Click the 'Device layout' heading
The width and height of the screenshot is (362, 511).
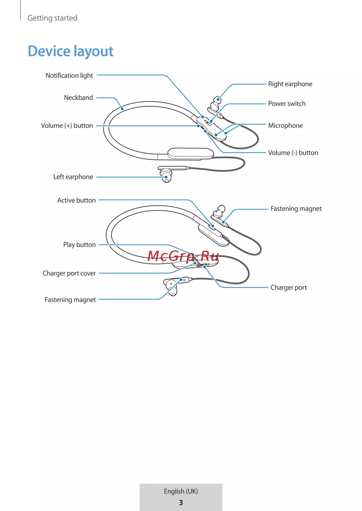pyautogui.click(x=70, y=51)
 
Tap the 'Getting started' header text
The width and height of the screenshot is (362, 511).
pyautogui.click(x=52, y=18)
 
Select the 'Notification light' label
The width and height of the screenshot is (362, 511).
pyautogui.click(x=69, y=76)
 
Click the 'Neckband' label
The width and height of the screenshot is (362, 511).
pyautogui.click(x=79, y=98)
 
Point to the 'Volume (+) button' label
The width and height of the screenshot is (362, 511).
pyautogui.click(x=67, y=126)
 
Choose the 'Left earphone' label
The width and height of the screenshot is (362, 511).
pyautogui.click(x=73, y=177)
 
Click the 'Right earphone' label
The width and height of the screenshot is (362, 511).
pyautogui.click(x=290, y=84)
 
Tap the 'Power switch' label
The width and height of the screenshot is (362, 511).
pyautogui.click(x=287, y=104)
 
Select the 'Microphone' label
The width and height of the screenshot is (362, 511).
pyautogui.click(x=286, y=125)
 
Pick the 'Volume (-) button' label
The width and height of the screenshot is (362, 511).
pyautogui.click(x=293, y=153)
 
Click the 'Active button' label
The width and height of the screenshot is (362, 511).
pyautogui.click(x=76, y=200)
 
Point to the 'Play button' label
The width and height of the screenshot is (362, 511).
pyautogui.click(x=80, y=245)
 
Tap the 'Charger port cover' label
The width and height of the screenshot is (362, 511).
pyautogui.click(x=69, y=273)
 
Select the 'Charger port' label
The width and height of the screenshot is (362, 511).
pyautogui.click(x=289, y=287)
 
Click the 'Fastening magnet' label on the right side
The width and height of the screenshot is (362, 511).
pyautogui.click(x=296, y=209)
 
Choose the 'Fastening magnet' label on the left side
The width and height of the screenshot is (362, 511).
pyautogui.click(x=70, y=300)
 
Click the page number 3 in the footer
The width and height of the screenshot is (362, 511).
pyautogui.click(x=181, y=503)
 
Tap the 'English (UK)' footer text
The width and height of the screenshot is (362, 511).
pyautogui.click(x=181, y=491)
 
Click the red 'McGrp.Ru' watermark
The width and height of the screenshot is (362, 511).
pyautogui.click(x=183, y=256)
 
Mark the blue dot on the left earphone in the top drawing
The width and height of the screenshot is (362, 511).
pyautogui.click(x=166, y=177)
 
